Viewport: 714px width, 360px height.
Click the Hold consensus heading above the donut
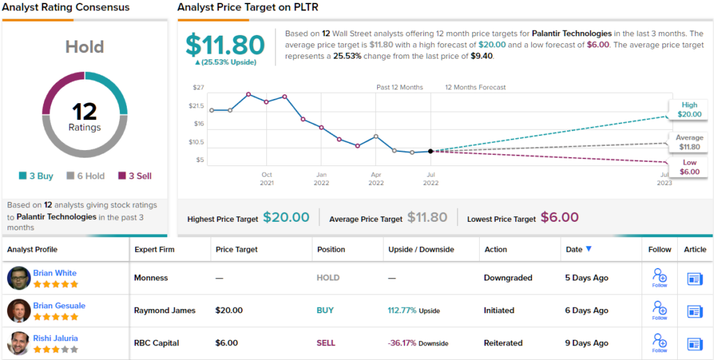coord(84,47)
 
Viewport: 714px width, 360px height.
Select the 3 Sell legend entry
coord(135,176)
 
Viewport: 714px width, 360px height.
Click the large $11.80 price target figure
coord(225,45)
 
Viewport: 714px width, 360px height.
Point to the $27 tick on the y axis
coord(198,88)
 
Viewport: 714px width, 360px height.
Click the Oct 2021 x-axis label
coord(266,179)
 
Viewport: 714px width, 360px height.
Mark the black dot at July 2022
coord(430,151)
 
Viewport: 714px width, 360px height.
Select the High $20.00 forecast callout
coord(690,110)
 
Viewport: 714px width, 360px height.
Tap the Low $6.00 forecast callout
coord(690,167)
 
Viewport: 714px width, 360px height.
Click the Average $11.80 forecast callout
coord(690,142)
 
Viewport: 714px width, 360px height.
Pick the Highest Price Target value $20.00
coord(286,218)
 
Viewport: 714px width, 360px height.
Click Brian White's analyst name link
coord(55,273)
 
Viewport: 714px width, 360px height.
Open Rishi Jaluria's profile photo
coord(19,343)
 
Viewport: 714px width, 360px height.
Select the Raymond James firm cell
coord(165,310)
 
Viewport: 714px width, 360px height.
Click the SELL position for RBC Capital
coord(326,343)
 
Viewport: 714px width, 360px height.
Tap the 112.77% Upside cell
coord(413,310)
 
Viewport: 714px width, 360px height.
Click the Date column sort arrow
coord(588,249)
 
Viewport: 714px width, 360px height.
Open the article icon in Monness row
coord(694,278)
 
